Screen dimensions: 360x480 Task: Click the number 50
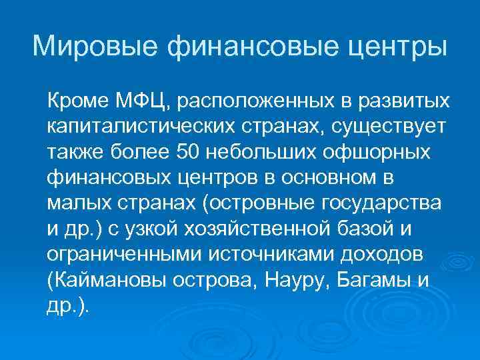point(191,152)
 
